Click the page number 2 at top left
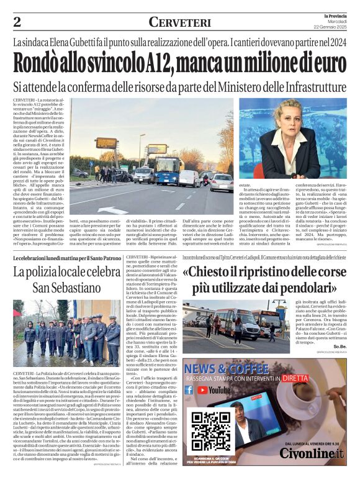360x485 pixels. [17, 22]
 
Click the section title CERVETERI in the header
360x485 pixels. [179, 22]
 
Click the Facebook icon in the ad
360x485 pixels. [189, 391]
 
